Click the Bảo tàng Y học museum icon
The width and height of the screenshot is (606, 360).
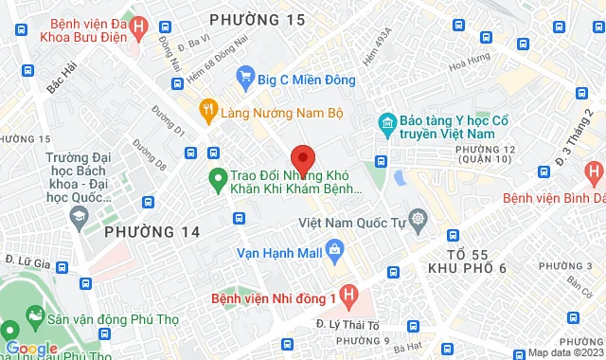click(386, 122)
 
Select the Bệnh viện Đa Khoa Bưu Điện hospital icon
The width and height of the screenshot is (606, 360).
click(138, 27)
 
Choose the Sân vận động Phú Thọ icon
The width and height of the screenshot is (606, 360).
click(36, 315)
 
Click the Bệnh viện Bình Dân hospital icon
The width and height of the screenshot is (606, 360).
click(594, 173)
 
